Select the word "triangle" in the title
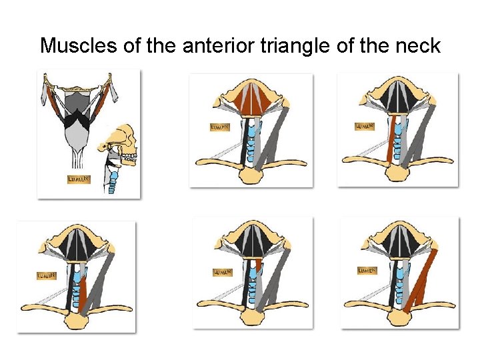(298, 46)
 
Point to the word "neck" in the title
(418, 46)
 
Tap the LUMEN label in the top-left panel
(79, 179)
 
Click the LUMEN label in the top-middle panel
(219, 127)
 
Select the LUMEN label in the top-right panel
(364, 126)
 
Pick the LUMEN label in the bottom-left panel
(45, 275)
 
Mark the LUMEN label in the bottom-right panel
(367, 271)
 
